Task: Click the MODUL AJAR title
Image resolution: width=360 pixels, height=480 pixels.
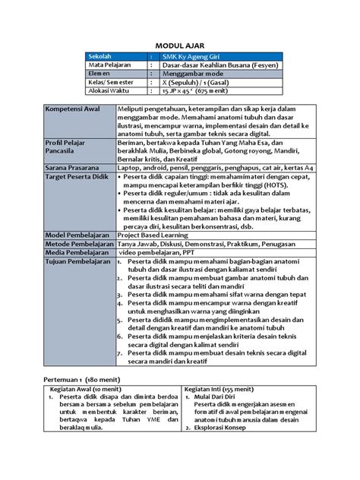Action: [180, 45]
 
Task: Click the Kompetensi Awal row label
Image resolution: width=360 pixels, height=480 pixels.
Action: [76, 111]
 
